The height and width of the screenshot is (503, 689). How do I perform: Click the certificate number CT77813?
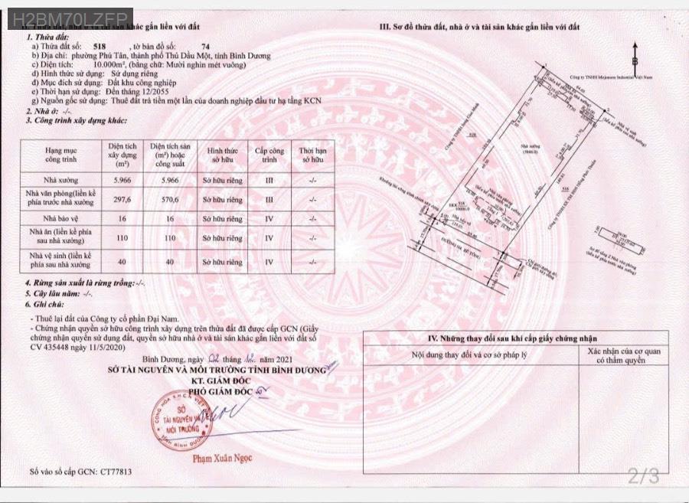tap(115, 472)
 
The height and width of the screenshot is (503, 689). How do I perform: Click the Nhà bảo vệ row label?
tap(63, 217)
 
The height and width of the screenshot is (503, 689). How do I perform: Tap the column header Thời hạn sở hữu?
tap(312, 155)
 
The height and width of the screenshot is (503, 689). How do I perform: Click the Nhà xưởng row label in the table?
tap(63, 179)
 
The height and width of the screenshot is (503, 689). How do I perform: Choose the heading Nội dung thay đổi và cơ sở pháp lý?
tap(467, 354)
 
